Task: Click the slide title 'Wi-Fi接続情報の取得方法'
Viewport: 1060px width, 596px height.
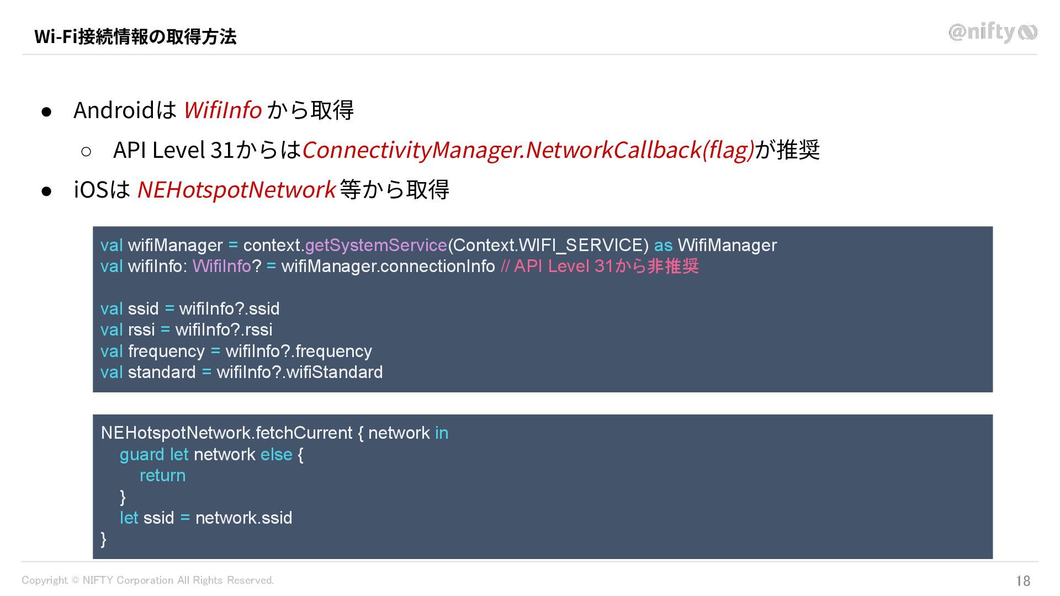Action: (135, 36)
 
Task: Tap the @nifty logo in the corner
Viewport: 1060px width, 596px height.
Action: (992, 33)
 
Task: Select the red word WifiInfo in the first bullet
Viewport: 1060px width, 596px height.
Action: (222, 110)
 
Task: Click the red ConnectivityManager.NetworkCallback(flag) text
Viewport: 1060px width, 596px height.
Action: (528, 150)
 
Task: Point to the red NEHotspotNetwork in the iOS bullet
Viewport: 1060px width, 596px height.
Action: (236, 189)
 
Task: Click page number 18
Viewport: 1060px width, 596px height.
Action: (1023, 581)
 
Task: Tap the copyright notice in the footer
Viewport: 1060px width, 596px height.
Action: (147, 580)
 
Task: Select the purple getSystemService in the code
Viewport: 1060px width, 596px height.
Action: (375, 245)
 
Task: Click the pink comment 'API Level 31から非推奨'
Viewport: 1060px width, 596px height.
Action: (606, 267)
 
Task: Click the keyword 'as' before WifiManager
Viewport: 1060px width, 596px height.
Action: (663, 245)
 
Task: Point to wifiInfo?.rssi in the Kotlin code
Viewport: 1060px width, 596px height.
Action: (224, 330)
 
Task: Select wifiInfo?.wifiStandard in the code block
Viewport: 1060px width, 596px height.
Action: (299, 372)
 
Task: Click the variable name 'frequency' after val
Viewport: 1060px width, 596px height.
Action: (166, 351)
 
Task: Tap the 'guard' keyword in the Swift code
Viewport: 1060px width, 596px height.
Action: (142, 454)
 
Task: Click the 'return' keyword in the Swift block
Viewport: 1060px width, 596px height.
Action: (162, 476)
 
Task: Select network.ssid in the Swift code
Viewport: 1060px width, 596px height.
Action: (243, 518)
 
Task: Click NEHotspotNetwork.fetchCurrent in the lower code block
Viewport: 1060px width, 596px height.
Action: (226, 433)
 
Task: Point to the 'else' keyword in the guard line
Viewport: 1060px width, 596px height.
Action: (276, 454)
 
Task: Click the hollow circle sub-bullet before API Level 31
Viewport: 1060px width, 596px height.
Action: (86, 151)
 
